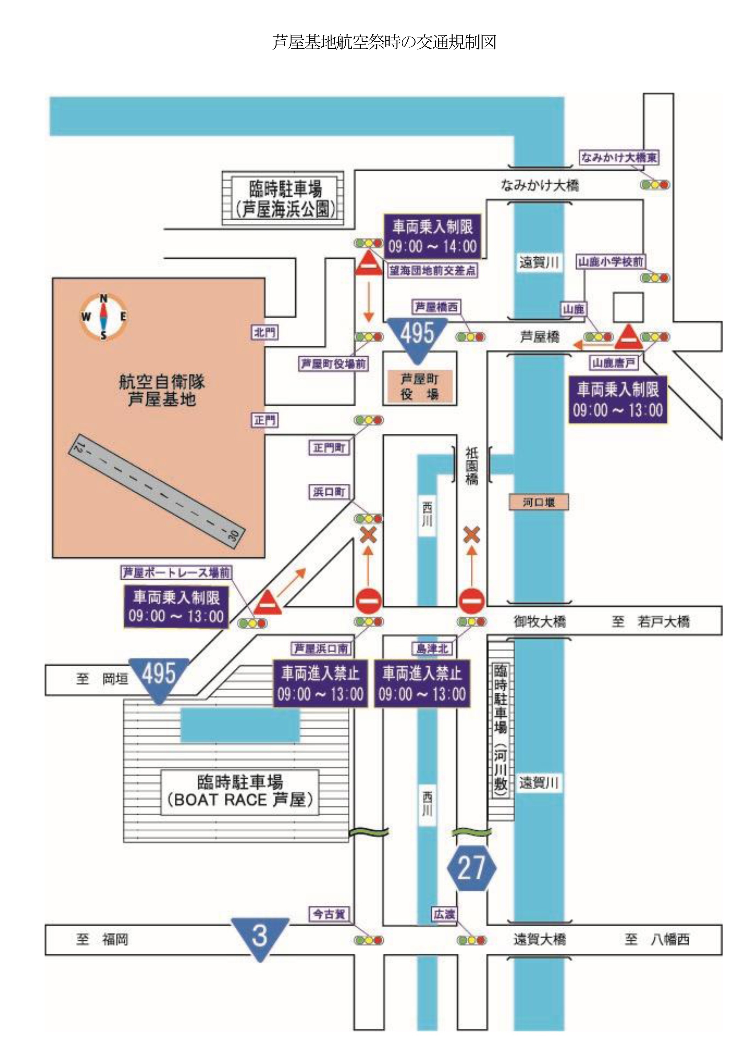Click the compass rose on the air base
[104, 317]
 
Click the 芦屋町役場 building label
[419, 386]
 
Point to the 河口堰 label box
[539, 502]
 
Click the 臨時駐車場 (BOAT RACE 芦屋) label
[240, 791]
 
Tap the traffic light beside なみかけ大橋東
[655, 185]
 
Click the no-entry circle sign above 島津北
[471, 601]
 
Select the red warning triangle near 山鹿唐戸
[628, 337]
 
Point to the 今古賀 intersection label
[329, 914]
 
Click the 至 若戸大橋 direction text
[651, 621]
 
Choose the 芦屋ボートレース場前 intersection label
[176, 573]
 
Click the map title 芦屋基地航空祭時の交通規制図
[384, 42]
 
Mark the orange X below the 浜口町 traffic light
[369, 536]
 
